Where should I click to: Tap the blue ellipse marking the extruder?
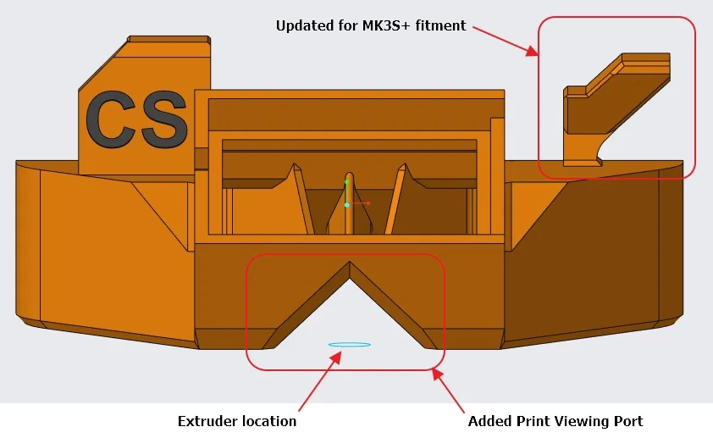(349, 344)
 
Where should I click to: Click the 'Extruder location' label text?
(237, 421)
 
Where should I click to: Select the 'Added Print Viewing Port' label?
(555, 421)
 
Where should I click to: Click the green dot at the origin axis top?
(347, 182)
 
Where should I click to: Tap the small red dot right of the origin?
(368, 203)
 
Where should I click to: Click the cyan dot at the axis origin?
(347, 205)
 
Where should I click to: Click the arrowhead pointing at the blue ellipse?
(336, 354)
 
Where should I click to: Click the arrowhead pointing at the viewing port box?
(438, 373)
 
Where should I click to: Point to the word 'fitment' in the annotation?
(445, 25)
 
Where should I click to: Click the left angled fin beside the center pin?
(301, 199)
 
